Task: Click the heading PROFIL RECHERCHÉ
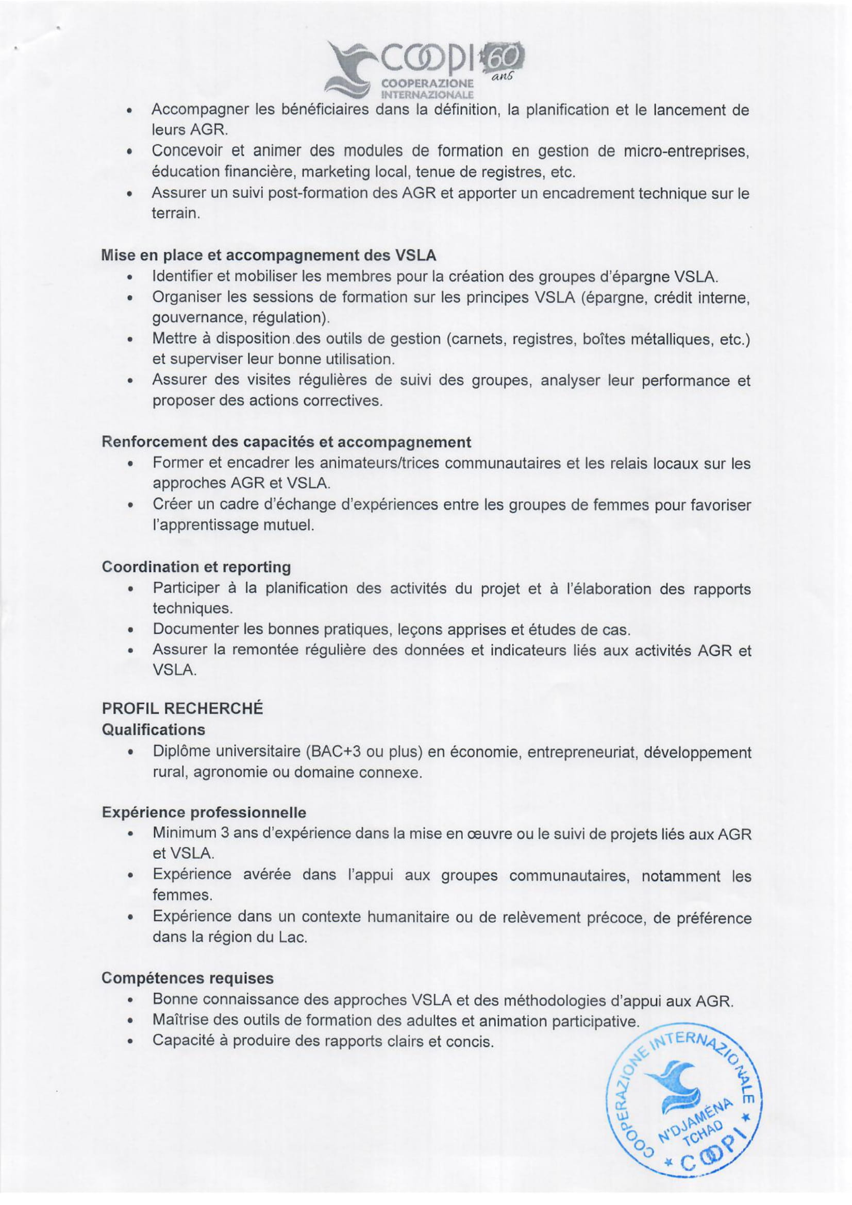182,708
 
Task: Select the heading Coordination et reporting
196,567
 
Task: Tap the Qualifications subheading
153,729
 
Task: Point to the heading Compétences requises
188,978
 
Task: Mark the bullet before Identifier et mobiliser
129,277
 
